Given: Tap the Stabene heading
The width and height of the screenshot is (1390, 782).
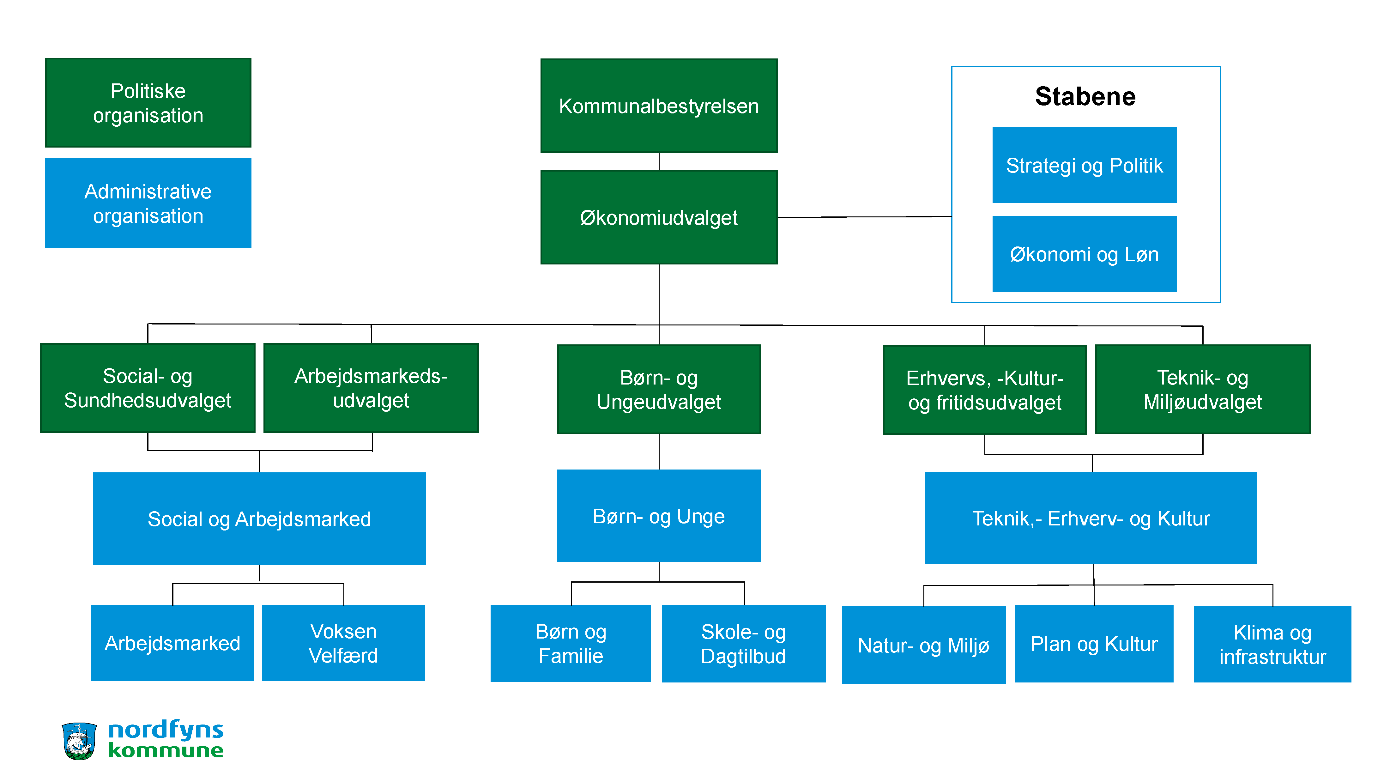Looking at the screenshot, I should click(x=1085, y=97).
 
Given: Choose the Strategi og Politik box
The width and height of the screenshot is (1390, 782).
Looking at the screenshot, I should click(x=1084, y=165).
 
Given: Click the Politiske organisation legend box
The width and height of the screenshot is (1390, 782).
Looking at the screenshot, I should click(x=148, y=103).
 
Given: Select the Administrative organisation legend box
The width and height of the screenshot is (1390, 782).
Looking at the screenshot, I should click(x=148, y=203).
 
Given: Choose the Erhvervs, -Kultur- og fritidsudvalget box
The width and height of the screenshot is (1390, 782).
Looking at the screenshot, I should click(x=984, y=390).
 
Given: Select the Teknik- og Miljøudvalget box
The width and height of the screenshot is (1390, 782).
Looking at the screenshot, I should click(x=1202, y=389).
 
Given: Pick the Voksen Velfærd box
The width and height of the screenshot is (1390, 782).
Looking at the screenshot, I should click(x=343, y=643).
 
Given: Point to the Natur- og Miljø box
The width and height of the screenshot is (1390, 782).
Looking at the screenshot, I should click(x=923, y=645).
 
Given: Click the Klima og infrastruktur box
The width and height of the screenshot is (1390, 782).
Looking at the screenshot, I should click(x=1272, y=644).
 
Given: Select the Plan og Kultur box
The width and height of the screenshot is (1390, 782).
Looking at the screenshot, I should click(x=1094, y=643).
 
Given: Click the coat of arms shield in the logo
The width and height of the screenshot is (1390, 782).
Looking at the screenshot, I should click(x=79, y=741).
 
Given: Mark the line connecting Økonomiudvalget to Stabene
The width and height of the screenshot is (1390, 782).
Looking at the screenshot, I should click(x=863, y=217).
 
